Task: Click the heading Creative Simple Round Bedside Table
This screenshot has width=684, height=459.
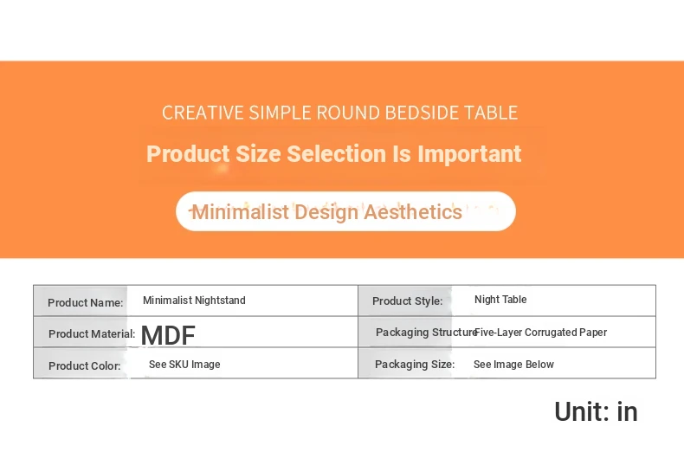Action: pyautogui.click(x=339, y=113)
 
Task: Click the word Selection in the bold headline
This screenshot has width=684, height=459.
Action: pyautogui.click(x=336, y=153)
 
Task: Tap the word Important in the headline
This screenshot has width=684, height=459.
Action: pyautogui.click(x=469, y=154)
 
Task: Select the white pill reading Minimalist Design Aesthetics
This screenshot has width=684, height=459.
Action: pyautogui.click(x=345, y=211)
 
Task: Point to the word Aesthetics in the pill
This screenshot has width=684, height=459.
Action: pyautogui.click(x=413, y=212)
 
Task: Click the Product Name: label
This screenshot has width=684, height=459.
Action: pyautogui.click(x=86, y=302)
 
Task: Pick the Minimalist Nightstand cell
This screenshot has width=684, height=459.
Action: pyautogui.click(x=194, y=301)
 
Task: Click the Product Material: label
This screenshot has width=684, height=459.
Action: pyautogui.click(x=92, y=333)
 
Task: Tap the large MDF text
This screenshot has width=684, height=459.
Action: pyautogui.click(x=168, y=335)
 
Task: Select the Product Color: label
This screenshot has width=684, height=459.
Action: pyautogui.click(x=85, y=365)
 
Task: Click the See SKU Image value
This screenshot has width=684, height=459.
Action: pyautogui.click(x=184, y=365)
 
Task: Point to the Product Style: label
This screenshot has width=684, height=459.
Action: pyautogui.click(x=408, y=301)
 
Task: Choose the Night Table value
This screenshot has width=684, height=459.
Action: pyautogui.click(x=500, y=300)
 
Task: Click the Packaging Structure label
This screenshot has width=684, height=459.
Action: pyautogui.click(x=425, y=332)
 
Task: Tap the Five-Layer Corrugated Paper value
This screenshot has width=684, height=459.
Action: pyautogui.click(x=540, y=333)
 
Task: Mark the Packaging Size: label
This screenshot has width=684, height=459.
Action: pyautogui.click(x=415, y=364)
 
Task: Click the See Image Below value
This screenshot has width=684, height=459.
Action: pyautogui.click(x=514, y=365)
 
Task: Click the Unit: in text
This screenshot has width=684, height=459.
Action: pyautogui.click(x=596, y=411)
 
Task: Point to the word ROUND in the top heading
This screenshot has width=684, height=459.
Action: pyautogui.click(x=348, y=113)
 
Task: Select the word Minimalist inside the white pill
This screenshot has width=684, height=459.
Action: pyautogui.click(x=241, y=212)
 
